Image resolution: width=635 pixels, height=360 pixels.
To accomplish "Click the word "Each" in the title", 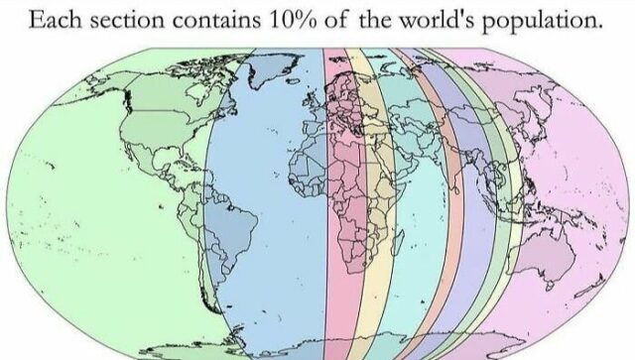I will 57,21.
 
